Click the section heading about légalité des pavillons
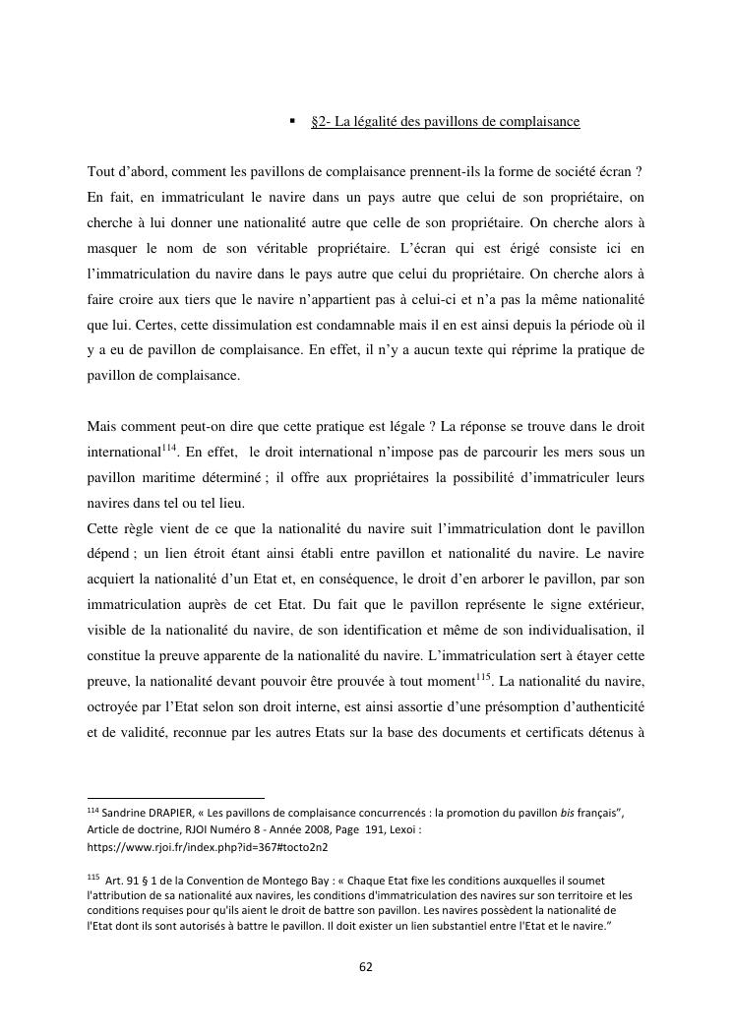tap(445, 122)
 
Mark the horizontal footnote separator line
tap(176, 798)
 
